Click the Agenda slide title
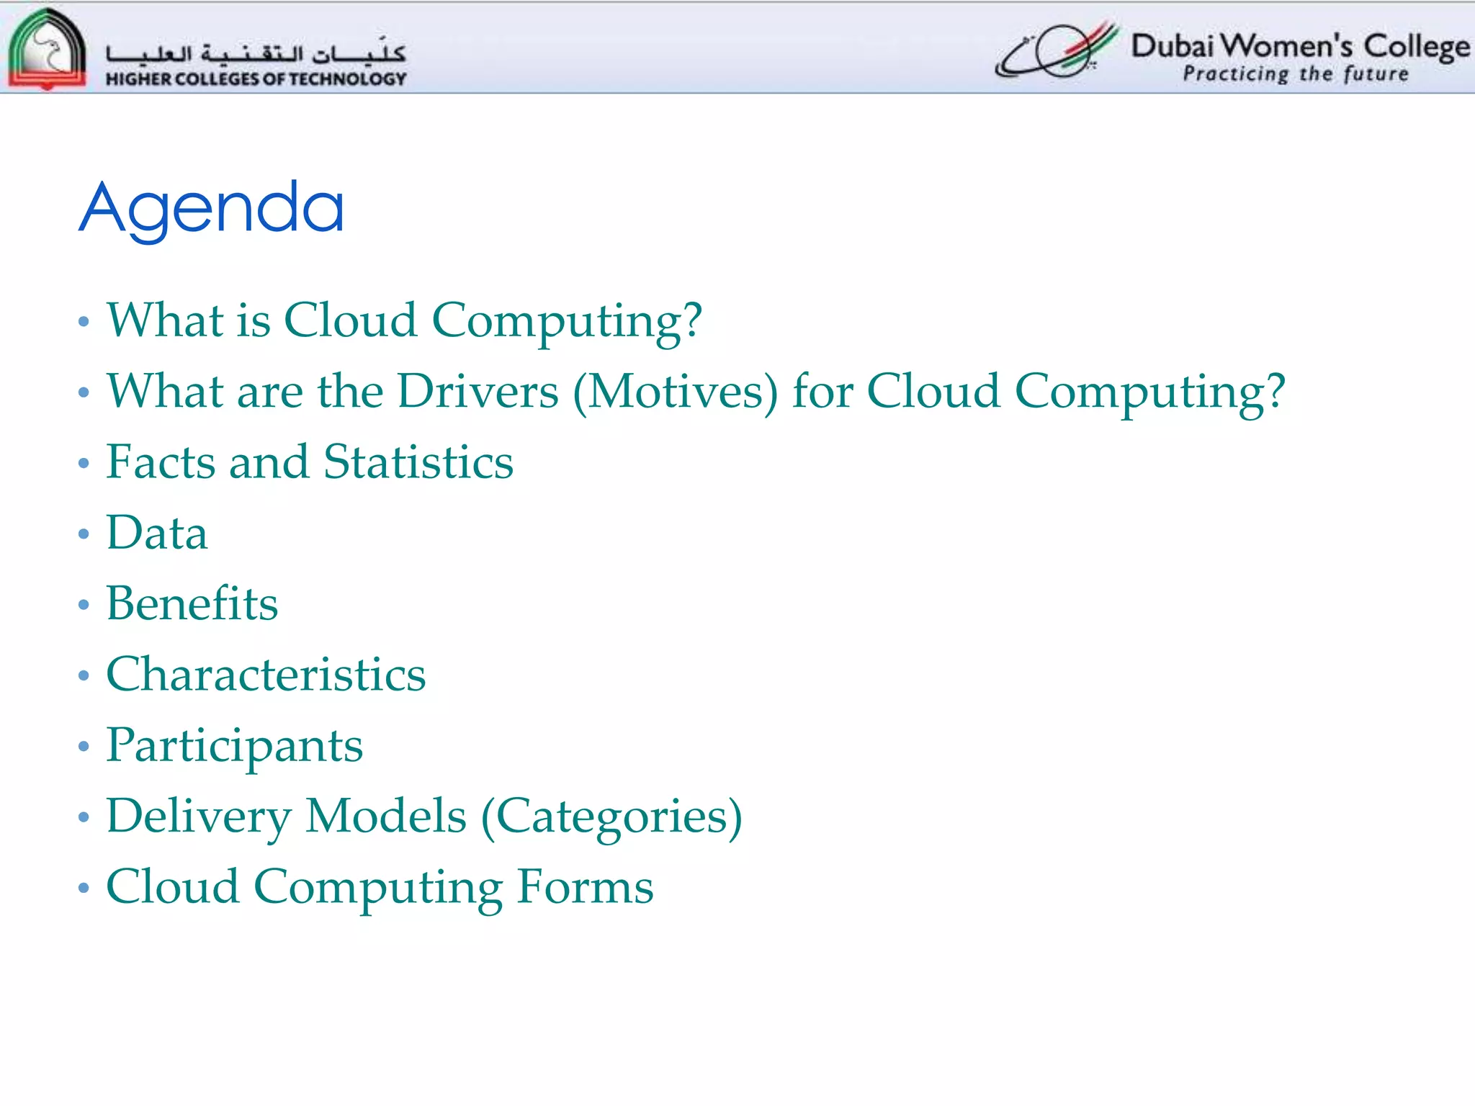(x=211, y=209)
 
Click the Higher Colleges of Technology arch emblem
(x=46, y=49)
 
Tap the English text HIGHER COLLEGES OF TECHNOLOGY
(x=256, y=79)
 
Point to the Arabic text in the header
(x=256, y=53)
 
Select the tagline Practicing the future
(x=1295, y=74)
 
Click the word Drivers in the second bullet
(x=478, y=392)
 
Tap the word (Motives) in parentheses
(x=675, y=393)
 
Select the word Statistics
(x=418, y=462)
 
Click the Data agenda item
(x=157, y=534)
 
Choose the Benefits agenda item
(x=192, y=604)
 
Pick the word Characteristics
(x=266, y=675)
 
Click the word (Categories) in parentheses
(x=611, y=817)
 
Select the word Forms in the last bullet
(x=585, y=887)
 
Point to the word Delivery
(x=198, y=817)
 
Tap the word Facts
(x=161, y=462)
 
